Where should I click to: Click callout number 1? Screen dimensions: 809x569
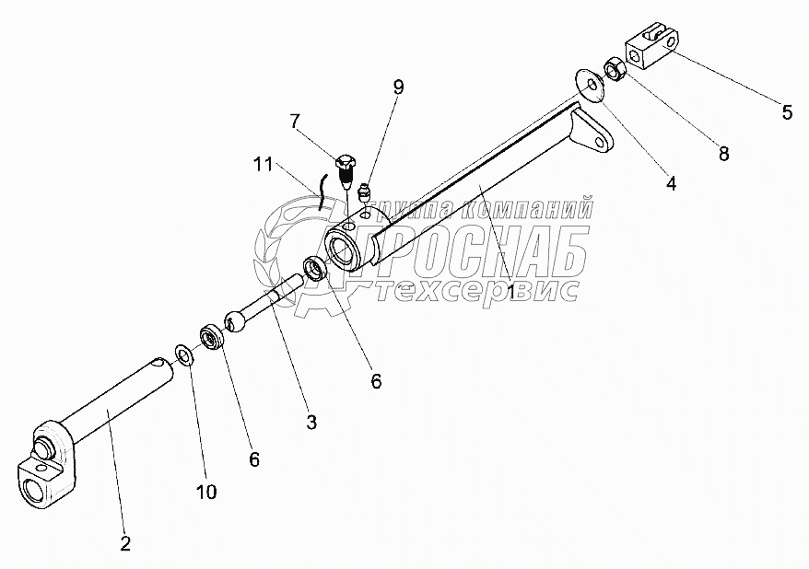point(513,292)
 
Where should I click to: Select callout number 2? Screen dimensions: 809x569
point(124,543)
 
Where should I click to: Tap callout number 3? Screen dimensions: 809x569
point(311,423)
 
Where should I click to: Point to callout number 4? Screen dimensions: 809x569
point(671,183)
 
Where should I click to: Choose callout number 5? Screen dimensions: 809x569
point(786,113)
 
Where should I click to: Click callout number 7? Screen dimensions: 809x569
point(295,120)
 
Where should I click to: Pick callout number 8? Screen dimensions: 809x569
point(723,154)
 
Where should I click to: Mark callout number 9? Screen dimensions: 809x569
point(398,87)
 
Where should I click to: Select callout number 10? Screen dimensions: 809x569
point(205,493)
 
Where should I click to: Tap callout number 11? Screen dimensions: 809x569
point(262,167)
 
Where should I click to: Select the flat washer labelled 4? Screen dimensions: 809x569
point(587,81)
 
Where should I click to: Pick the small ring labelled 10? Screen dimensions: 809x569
point(184,353)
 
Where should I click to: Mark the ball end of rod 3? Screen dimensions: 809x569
point(235,322)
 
